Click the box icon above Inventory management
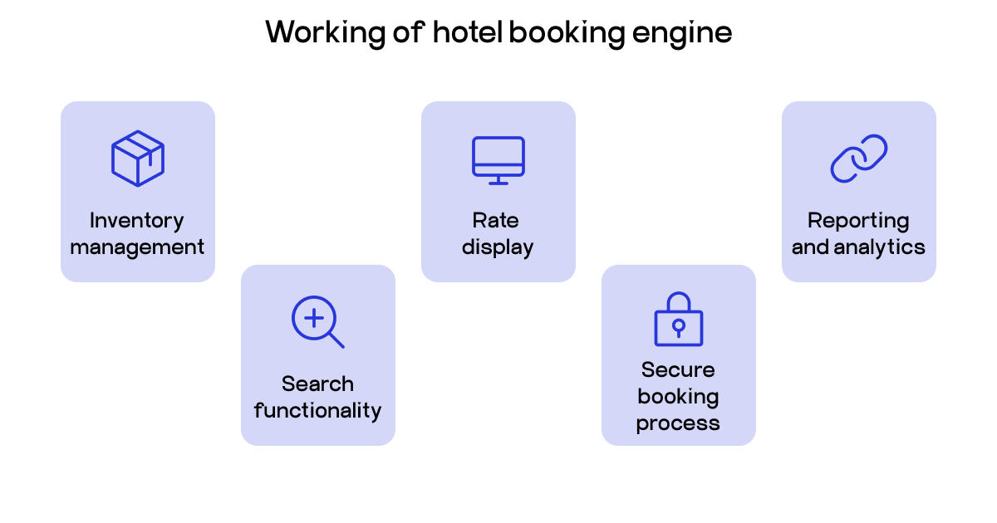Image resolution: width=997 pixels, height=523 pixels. tap(138, 158)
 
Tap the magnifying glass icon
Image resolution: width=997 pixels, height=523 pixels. tap(317, 321)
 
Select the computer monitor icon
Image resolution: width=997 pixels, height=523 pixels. tap(498, 160)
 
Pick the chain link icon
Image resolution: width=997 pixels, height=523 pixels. tap(859, 158)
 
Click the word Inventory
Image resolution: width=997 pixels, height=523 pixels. tap(137, 221)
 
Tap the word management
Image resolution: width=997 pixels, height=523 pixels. tap(137, 247)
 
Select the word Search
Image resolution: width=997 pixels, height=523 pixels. tap(317, 384)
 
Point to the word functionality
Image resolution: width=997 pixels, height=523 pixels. tap(317, 411)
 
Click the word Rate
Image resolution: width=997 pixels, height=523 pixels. tap(496, 221)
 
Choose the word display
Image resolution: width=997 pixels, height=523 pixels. tap(498, 247)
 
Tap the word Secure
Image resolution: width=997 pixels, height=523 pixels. tap(678, 370)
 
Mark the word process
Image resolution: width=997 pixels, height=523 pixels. tap(678, 423)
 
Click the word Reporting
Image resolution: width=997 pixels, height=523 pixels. tap(858, 222)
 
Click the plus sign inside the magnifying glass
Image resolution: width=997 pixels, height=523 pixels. tap(313, 317)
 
